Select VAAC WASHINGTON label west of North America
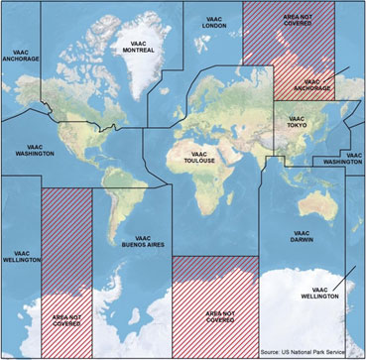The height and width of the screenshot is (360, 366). (35, 150)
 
